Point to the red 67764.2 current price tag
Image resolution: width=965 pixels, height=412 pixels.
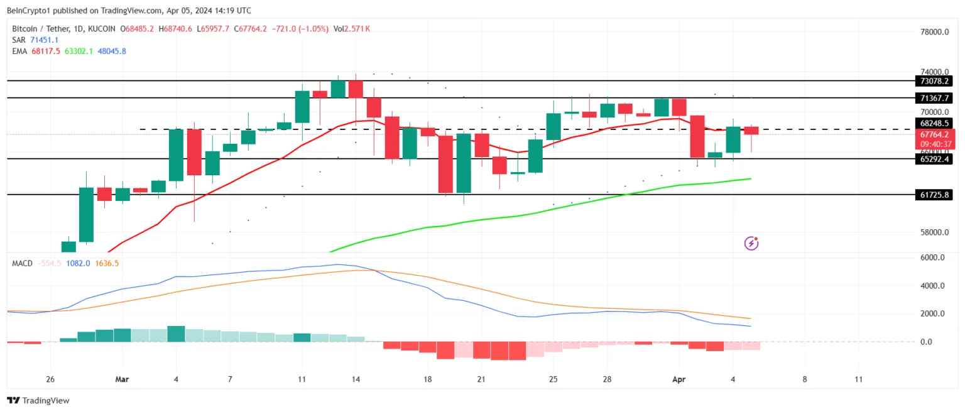coord(935,134)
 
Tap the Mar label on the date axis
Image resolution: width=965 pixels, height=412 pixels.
coord(123,379)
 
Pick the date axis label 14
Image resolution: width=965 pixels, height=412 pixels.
coord(356,379)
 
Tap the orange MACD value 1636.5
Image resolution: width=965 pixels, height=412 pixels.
coord(107,263)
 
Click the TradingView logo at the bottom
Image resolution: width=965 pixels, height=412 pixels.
coord(38,400)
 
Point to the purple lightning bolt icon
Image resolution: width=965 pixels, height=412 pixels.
coord(751,243)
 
